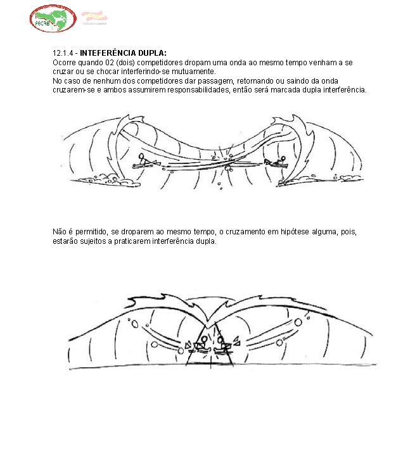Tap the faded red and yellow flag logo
[94, 17]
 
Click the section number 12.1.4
[63, 53]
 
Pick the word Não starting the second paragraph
[59, 232]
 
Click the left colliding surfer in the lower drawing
[201, 346]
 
